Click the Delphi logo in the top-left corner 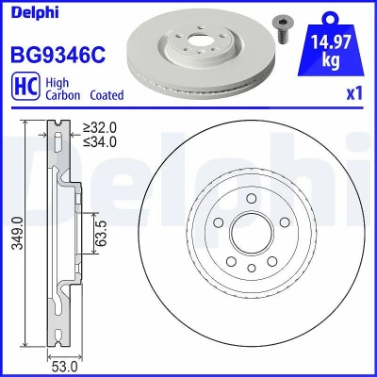35,12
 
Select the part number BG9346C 58,55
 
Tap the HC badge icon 25,86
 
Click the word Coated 107,95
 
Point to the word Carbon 63,95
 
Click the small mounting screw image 281,29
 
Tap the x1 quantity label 354,93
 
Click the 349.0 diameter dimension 18,233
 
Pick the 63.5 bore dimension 102,233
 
